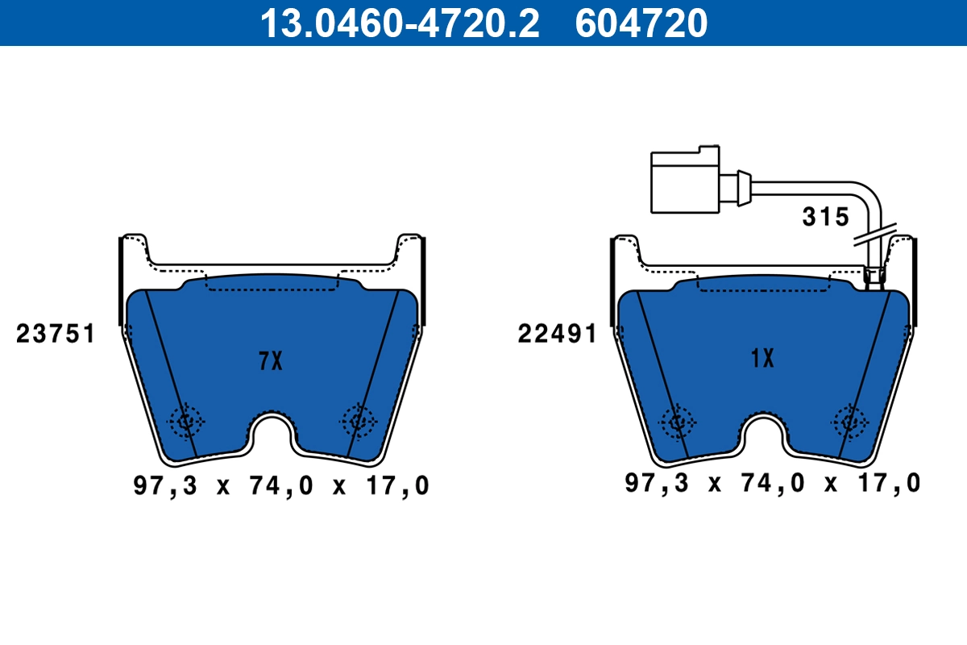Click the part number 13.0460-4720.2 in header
coord(398,23)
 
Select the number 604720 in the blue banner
coord(641,23)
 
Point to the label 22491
coord(557,334)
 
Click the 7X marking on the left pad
coord(271,361)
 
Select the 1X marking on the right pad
coord(762,358)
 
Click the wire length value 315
coord(825,217)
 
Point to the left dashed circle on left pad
coord(187,420)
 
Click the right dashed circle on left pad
coord(358,420)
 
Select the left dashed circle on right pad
coord(677,420)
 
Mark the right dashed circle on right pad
coord(849,420)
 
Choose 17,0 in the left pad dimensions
coord(396,485)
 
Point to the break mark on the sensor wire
coord(874,235)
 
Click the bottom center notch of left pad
coord(272,435)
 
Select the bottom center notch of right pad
coord(763,435)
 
